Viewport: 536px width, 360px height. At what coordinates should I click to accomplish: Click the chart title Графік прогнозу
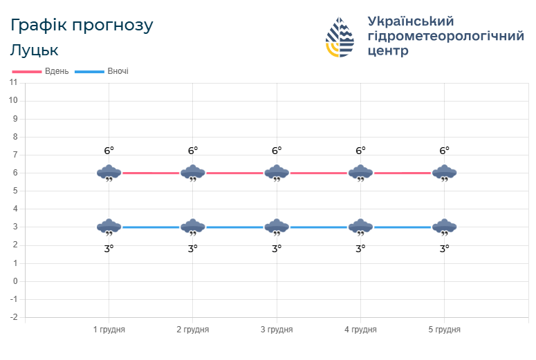click(82, 26)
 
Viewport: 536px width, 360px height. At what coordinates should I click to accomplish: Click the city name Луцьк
click(35, 50)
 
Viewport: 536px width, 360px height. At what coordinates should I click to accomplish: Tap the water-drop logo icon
click(340, 37)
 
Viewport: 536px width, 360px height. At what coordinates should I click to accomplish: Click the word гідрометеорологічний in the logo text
click(446, 36)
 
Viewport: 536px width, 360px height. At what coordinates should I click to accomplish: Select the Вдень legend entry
click(41, 71)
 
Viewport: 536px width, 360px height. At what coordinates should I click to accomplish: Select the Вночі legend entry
click(102, 71)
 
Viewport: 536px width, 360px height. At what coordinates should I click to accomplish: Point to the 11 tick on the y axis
click(13, 83)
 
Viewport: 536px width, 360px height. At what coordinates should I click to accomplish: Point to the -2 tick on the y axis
click(13, 317)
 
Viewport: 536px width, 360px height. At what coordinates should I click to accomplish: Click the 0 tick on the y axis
click(15, 281)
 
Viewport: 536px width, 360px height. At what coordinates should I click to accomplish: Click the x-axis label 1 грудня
click(109, 330)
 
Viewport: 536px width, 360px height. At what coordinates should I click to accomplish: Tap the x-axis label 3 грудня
click(277, 330)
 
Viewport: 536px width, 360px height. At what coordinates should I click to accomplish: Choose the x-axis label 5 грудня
click(444, 330)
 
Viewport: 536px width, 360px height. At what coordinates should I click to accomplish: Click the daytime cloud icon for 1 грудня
click(109, 173)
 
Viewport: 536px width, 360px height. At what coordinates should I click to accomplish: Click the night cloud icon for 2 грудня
click(193, 227)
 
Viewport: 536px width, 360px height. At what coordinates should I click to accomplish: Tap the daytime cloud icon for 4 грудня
click(360, 173)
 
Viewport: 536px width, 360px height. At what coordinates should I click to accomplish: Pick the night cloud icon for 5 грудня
click(444, 227)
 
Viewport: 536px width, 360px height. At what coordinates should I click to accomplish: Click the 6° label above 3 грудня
click(277, 151)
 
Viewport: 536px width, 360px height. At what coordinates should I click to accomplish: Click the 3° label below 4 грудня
click(360, 249)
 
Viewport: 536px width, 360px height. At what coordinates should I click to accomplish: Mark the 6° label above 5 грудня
click(444, 151)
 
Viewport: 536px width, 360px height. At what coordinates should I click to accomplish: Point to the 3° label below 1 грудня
click(109, 249)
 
